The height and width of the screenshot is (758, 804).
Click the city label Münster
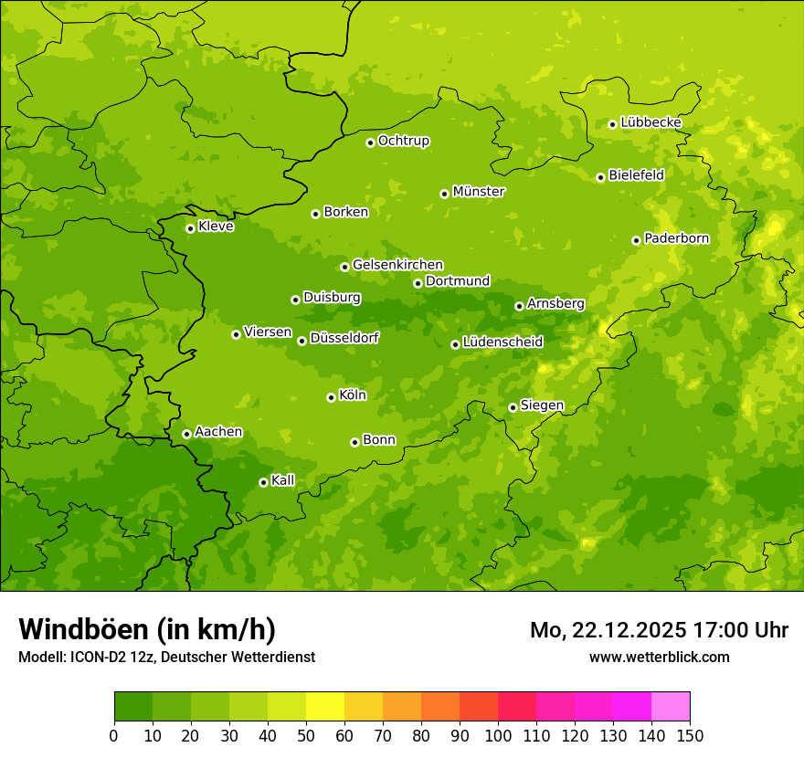[479, 192]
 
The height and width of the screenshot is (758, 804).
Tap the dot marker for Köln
[331, 397]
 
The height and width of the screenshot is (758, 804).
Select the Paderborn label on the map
[676, 238]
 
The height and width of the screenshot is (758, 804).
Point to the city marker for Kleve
[190, 228]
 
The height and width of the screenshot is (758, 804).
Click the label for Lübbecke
[651, 122]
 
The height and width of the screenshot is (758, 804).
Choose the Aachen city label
[218, 431]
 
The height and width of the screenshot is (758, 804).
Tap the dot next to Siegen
[513, 407]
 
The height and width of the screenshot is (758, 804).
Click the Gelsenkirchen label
[397, 265]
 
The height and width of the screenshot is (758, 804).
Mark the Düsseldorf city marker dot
[301, 341]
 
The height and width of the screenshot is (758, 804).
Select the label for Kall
[282, 480]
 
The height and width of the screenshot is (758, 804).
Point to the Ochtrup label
[403, 141]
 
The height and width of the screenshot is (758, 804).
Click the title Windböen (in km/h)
[147, 629]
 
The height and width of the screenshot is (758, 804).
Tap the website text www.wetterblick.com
[659, 657]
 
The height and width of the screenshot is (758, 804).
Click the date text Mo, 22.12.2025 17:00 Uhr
[659, 630]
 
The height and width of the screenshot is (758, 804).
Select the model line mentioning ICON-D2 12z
[166, 657]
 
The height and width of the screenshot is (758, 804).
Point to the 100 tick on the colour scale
[498, 735]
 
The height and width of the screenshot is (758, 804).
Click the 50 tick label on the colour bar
[306, 735]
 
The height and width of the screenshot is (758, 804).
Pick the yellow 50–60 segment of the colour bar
[325, 707]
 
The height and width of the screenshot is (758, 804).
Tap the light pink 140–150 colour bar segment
[671, 707]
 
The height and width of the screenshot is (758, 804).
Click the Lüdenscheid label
[503, 342]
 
